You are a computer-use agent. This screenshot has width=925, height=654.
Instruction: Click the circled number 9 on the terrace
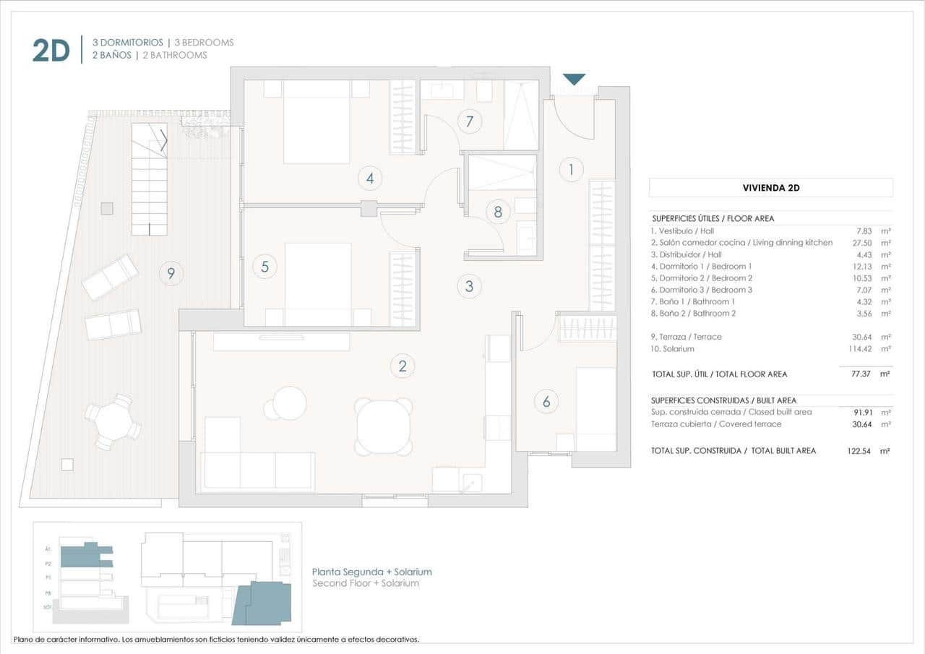[171, 273]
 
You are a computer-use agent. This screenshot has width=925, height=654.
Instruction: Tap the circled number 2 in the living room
[403, 366]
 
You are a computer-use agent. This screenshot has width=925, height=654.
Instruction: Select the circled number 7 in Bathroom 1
[469, 121]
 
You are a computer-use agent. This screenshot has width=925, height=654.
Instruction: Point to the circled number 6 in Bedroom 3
[546, 402]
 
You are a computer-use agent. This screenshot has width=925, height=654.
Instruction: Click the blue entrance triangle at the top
[574, 79]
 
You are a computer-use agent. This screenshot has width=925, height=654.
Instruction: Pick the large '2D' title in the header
[51, 50]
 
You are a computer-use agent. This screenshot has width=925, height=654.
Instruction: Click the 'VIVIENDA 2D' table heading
[770, 188]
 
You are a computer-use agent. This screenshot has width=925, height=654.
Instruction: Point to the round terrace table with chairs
[113, 421]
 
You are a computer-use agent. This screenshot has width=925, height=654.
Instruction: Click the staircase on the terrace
[150, 181]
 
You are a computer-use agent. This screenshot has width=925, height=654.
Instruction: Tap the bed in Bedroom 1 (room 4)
[316, 121]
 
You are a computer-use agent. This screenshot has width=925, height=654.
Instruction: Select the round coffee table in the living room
[289, 403]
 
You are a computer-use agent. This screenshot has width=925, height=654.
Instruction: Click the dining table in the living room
[384, 427]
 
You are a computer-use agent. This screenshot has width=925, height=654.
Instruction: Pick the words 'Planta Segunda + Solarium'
[371, 572]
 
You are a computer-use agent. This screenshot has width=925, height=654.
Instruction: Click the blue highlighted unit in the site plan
[264, 603]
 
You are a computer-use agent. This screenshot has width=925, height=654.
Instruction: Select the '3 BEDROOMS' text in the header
[204, 43]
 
